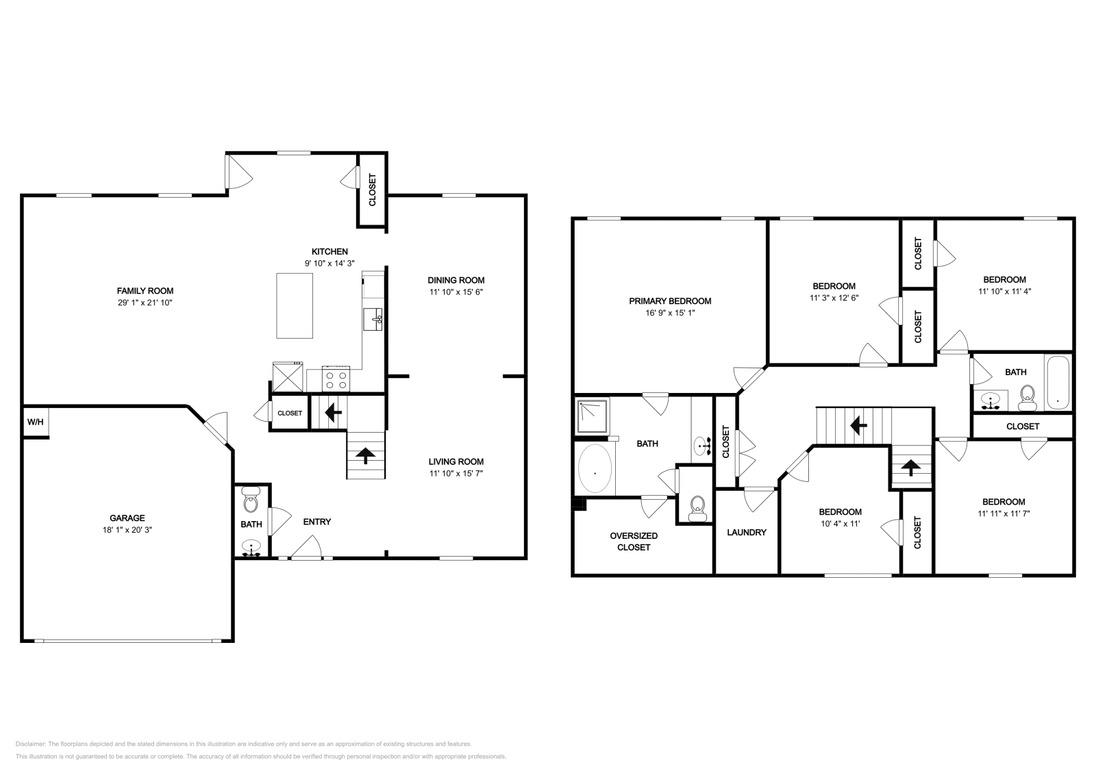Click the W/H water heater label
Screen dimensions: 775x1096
click(x=35, y=422)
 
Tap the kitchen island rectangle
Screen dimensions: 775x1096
click(x=295, y=305)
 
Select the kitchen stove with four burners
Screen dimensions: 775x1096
click(x=336, y=379)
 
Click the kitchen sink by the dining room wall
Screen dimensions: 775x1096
click(x=373, y=319)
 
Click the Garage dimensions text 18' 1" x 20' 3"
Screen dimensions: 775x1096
click(x=127, y=529)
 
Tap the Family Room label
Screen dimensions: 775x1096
click(x=145, y=290)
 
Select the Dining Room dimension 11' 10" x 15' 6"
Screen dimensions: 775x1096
click(x=456, y=292)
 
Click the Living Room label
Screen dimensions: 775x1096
click(x=456, y=461)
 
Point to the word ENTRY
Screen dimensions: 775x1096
click(x=317, y=522)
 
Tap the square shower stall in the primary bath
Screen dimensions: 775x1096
click(x=593, y=417)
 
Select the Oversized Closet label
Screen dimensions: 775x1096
click(x=634, y=541)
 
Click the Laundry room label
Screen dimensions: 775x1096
click(x=746, y=532)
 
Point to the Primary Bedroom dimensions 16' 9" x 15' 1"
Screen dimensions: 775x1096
click(x=670, y=312)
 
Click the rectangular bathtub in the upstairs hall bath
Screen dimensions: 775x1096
click(x=1058, y=383)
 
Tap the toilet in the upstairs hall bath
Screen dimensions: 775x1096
click(x=1027, y=397)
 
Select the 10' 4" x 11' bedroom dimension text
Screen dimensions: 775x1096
click(x=840, y=524)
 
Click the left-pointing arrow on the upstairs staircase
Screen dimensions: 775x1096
click(x=856, y=426)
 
